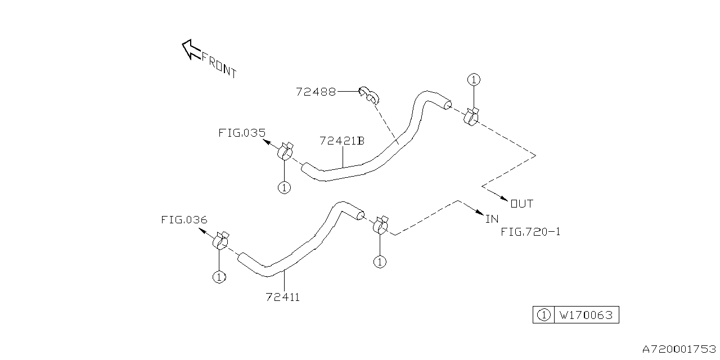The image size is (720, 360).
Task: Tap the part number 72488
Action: click(316, 92)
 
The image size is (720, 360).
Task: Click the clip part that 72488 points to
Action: click(370, 96)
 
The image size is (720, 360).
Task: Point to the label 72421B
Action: click(341, 141)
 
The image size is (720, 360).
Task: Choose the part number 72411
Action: click(282, 297)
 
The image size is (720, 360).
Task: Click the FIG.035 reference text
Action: click(241, 133)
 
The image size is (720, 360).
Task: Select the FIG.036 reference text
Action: click(184, 220)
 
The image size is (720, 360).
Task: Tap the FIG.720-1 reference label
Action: click(530, 231)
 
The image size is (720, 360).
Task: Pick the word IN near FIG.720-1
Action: click(492, 218)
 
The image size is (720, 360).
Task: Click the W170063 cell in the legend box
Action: click(586, 315)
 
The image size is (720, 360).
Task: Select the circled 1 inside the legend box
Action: click(543, 315)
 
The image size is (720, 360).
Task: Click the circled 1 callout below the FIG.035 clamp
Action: click(284, 187)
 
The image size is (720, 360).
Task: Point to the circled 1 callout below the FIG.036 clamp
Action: click(219, 276)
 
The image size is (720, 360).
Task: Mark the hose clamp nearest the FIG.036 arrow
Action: click(220, 241)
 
